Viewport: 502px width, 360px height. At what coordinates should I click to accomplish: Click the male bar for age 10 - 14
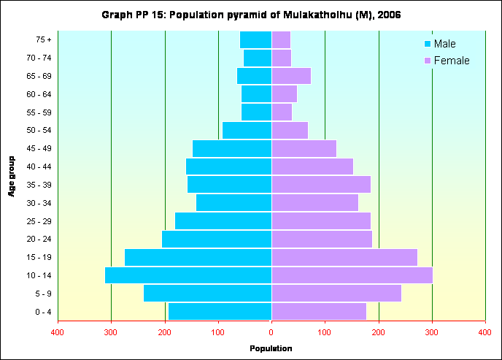click(188, 275)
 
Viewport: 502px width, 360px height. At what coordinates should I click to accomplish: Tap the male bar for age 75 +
click(255, 39)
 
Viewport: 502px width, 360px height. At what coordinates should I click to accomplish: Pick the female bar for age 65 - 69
click(291, 76)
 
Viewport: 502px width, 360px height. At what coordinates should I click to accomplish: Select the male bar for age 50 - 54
click(247, 130)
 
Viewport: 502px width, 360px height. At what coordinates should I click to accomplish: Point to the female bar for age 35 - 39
click(321, 185)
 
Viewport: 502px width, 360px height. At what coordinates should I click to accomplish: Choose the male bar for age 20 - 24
click(217, 239)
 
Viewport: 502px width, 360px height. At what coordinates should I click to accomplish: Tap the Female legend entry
click(447, 61)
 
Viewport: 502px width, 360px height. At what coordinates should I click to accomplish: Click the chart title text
click(251, 15)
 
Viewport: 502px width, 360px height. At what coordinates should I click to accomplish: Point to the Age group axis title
click(12, 175)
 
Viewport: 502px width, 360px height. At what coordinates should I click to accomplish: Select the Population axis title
click(271, 349)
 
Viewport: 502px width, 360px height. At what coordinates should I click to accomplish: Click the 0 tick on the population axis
click(271, 332)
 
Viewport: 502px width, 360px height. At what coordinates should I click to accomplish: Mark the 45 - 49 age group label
click(38, 148)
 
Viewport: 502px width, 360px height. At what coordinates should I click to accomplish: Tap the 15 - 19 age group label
click(38, 258)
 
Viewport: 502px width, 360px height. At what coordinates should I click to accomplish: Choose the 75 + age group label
click(42, 39)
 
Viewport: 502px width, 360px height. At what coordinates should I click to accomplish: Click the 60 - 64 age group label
click(38, 94)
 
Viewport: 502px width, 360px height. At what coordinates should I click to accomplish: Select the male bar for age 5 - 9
click(207, 294)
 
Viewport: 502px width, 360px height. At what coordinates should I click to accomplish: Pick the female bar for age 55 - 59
click(282, 112)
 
